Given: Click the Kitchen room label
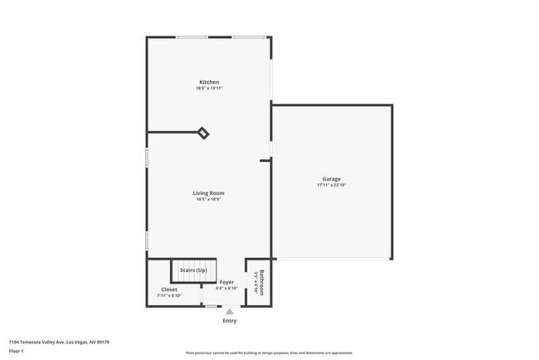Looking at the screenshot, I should point(209,82).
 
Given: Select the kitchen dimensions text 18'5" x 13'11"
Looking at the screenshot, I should point(209,88).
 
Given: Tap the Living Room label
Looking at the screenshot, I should point(209,193).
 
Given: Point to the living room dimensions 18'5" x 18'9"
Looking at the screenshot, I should point(209,199).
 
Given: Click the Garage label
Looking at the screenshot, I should point(332,179).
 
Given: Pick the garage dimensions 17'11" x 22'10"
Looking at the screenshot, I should point(332,185).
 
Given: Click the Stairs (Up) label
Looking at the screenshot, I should point(193,270).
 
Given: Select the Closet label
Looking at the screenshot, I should point(169,289).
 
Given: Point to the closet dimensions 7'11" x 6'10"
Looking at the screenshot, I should point(169,295).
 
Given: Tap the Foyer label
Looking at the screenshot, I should point(226,282).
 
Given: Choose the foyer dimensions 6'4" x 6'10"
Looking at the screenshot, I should point(226,288).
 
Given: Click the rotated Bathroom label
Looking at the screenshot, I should point(262,282).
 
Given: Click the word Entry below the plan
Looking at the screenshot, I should point(230,320).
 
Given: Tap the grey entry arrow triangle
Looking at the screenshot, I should point(230,312).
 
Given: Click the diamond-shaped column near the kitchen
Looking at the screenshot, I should point(203,133).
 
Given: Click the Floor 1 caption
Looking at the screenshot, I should point(17,351).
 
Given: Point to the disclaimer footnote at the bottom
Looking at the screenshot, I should point(269,353).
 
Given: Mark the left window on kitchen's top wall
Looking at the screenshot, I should point(192,36).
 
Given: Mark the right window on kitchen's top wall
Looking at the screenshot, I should point(249,36).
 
